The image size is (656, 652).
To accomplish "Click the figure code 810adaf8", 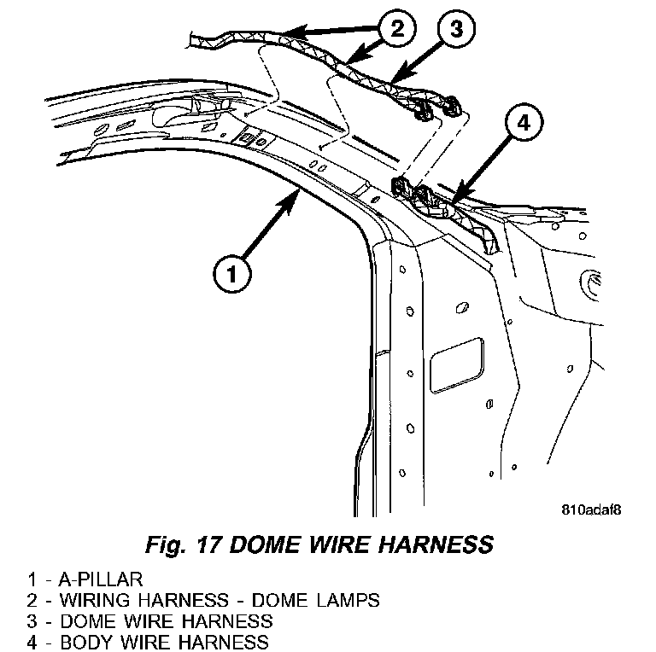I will [590, 511].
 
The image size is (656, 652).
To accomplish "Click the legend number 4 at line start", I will [31, 642].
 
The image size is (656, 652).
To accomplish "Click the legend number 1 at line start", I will [31, 578].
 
